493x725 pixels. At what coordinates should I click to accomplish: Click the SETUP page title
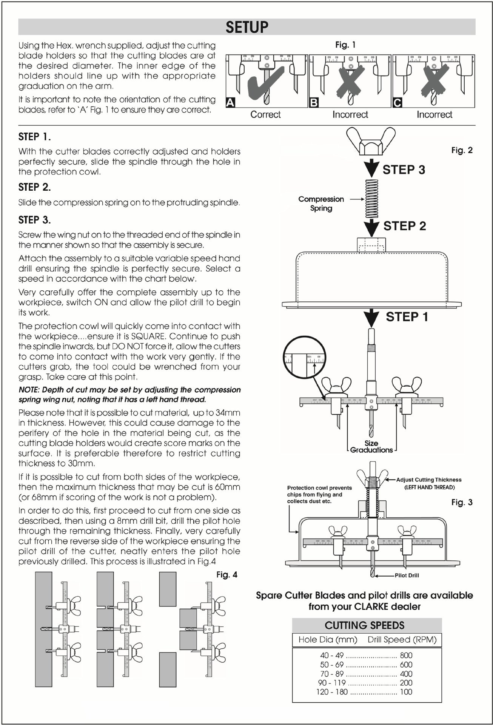point(247,27)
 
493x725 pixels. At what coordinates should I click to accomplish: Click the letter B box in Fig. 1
point(314,102)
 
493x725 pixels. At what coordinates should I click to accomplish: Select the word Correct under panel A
point(265,114)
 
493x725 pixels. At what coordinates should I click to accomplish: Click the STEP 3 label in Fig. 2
point(404,170)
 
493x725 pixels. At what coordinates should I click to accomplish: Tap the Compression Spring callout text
point(321,204)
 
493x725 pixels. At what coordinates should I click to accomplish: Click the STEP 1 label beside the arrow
point(407,317)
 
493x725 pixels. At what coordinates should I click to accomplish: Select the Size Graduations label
point(371,447)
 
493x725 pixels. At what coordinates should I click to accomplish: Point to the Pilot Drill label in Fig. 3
point(407,575)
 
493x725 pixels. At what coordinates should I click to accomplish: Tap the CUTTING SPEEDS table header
point(364,625)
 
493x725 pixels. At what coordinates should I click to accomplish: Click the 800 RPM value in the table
point(406,655)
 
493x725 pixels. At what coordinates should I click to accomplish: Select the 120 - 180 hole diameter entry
point(332,692)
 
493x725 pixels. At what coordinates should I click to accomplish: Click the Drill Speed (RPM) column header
point(402,640)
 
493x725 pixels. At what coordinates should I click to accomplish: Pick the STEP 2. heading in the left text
point(35,187)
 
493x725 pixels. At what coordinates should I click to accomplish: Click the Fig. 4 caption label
point(226,575)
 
